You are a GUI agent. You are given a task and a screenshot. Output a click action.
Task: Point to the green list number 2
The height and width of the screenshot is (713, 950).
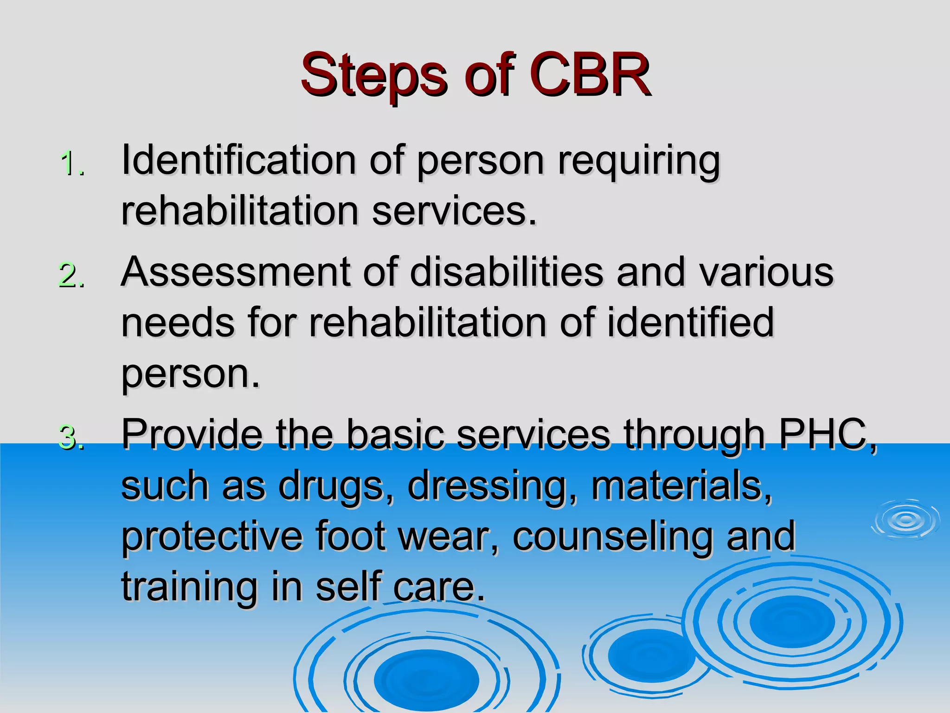tap(71, 275)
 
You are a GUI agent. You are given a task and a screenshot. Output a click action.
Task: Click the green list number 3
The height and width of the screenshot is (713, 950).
tap(71, 438)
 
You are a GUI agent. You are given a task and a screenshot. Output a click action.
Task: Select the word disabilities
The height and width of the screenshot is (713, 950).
tap(507, 272)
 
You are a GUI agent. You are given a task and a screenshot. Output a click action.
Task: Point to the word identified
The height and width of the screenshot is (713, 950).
tap(691, 323)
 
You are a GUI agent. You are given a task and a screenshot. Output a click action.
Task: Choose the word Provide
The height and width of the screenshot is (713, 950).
tap(192, 434)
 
